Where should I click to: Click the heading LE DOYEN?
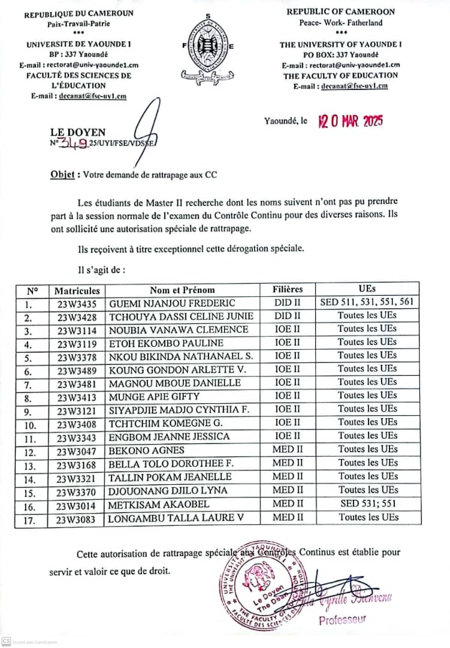(78, 132)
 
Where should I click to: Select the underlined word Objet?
(62, 175)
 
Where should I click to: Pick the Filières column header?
(288, 290)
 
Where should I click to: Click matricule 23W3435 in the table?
(77, 304)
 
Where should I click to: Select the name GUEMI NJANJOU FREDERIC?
(172, 304)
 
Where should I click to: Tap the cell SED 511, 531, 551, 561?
(367, 303)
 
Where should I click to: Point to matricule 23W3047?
(77, 450)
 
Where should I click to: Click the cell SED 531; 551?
(367, 504)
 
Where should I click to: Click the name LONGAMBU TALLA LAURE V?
(176, 518)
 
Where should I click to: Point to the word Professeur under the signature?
(342, 620)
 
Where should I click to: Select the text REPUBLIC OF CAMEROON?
(340, 12)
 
